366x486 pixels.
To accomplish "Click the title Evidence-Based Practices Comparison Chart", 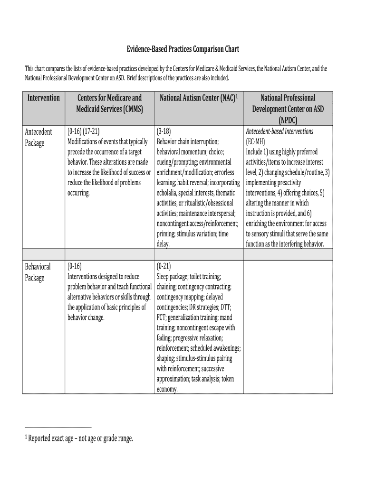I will click(183, 49).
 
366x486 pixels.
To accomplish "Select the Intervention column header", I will click(43, 98).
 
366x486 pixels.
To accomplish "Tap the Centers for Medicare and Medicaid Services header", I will click(109, 103).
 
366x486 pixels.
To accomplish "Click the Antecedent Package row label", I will click(38, 137).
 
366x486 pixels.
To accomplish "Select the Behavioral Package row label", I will click(38, 272).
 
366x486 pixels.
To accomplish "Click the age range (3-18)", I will click(164, 131).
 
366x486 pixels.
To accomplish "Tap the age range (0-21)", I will click(164, 266).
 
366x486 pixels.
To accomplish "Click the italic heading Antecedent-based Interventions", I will click(279, 131).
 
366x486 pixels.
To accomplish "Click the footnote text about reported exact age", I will click(79, 439).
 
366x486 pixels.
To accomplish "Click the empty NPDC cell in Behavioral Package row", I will click(288, 327).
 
